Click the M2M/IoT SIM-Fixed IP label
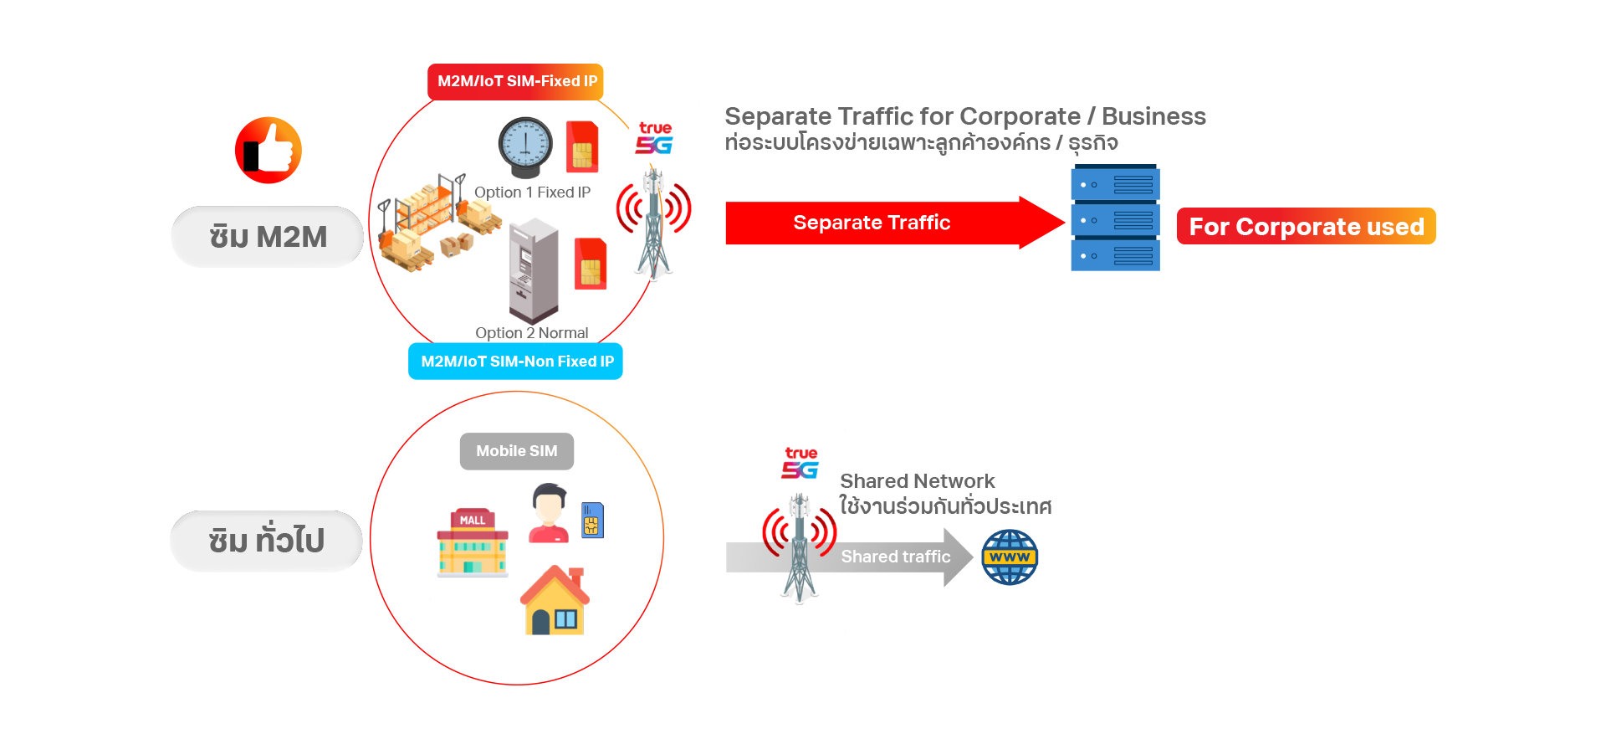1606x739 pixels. point(518,81)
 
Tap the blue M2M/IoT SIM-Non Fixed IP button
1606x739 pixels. point(516,362)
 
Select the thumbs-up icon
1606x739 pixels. point(269,148)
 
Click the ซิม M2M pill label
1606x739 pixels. point(268,237)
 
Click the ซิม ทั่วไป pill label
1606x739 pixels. point(266,541)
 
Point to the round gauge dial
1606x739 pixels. point(525,145)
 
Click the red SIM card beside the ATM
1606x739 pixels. point(591,264)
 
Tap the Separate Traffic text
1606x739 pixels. point(872,223)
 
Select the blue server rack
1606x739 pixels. point(1114,239)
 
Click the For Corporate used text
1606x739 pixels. point(1307,227)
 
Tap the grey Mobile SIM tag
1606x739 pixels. point(516,452)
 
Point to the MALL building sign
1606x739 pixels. point(473,520)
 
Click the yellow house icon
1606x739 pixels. point(555,603)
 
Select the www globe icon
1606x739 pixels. point(1010,558)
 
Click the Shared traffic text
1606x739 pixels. point(895,557)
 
